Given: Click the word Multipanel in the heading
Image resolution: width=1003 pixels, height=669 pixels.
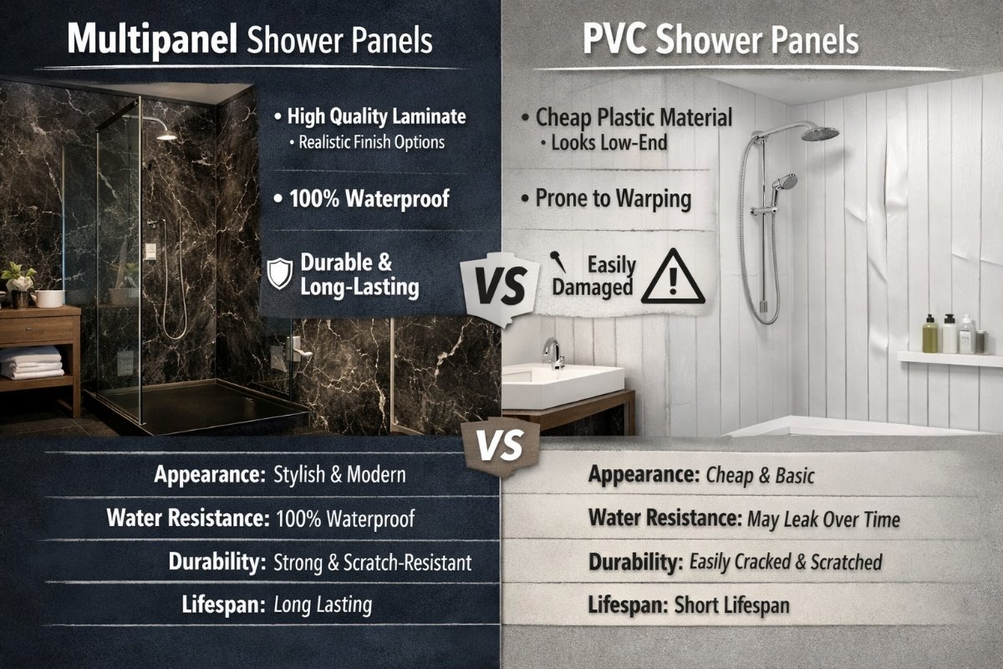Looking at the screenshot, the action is pos(152,40).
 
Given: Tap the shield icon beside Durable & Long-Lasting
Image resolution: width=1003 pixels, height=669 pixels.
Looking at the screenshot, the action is pos(280,273).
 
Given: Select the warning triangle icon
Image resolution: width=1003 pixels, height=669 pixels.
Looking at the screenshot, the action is pos(673,277).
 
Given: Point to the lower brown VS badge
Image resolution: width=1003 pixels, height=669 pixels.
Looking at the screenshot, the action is pos(501,446).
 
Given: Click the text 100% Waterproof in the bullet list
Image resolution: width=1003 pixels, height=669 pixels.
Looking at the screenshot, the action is pos(369,198).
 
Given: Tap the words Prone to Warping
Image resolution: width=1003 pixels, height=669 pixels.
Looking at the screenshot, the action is pos(614,199).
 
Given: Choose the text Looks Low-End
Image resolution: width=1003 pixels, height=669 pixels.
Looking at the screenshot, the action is pos(609,143).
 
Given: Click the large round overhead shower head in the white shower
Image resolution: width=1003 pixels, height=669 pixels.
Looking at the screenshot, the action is pos(820,133).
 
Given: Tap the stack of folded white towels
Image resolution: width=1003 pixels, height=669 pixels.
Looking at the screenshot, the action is pos(32,363).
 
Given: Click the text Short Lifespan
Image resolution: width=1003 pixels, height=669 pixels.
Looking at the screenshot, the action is pos(731,605).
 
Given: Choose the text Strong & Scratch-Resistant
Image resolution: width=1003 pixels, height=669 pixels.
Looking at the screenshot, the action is pos(373,562).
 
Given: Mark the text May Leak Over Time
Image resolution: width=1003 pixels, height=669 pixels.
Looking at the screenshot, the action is pos(823,519).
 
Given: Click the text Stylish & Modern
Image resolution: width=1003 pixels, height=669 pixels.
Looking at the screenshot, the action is pos(340,474).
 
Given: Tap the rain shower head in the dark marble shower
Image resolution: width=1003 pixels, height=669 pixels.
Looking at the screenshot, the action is pos(166,135).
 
